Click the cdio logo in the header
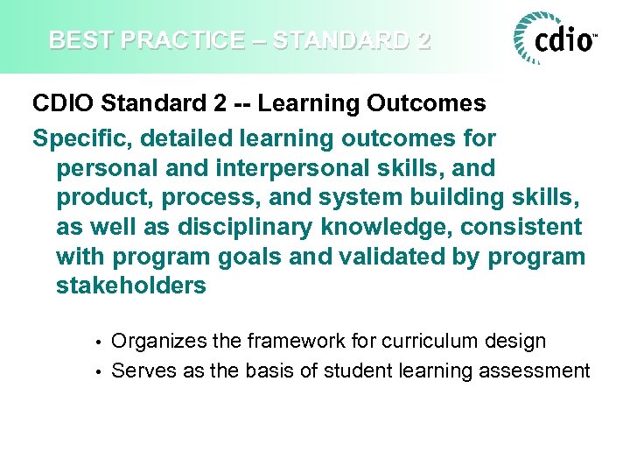click(556, 39)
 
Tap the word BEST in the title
click(74, 40)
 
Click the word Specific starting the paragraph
click(75, 139)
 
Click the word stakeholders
click(131, 286)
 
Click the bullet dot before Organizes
click(101, 342)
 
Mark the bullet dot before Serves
click(101, 371)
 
